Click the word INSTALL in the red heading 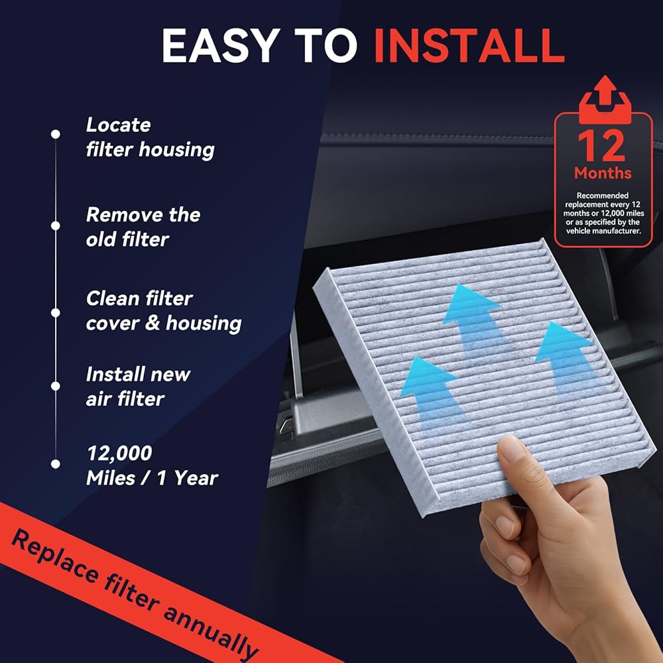click(x=469, y=46)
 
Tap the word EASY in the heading click(x=221, y=46)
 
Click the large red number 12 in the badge click(x=602, y=146)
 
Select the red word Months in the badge click(x=603, y=173)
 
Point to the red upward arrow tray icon click(x=605, y=100)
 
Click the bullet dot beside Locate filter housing click(x=56, y=134)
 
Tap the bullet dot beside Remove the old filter click(x=56, y=226)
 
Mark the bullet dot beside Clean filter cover click(x=56, y=312)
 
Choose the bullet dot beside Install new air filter click(x=56, y=386)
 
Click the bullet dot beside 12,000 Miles click(x=56, y=464)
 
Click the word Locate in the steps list click(x=119, y=125)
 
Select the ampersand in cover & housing click(x=152, y=323)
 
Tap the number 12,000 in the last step click(x=119, y=453)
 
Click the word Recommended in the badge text click(x=603, y=196)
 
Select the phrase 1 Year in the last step click(x=188, y=478)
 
